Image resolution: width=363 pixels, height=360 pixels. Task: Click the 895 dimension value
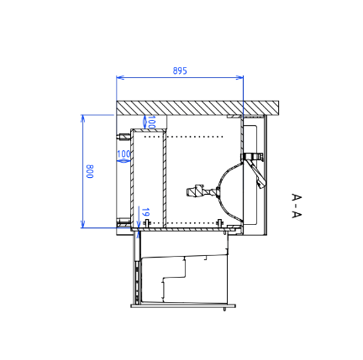click(x=180, y=70)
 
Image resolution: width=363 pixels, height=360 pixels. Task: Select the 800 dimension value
click(x=90, y=171)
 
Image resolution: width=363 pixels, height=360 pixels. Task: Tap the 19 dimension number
click(x=145, y=212)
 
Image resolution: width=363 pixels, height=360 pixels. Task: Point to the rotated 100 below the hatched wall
click(x=151, y=123)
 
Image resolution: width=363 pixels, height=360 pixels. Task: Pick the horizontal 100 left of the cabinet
click(x=124, y=154)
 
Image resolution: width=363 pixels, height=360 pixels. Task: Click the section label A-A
click(x=297, y=206)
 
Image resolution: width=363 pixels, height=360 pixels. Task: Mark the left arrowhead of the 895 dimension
click(x=120, y=77)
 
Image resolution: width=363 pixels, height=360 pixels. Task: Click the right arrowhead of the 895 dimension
click(x=239, y=77)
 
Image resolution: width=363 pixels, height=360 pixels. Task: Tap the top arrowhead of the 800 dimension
click(x=82, y=118)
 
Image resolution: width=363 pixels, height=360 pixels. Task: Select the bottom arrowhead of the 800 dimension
click(x=82, y=224)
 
